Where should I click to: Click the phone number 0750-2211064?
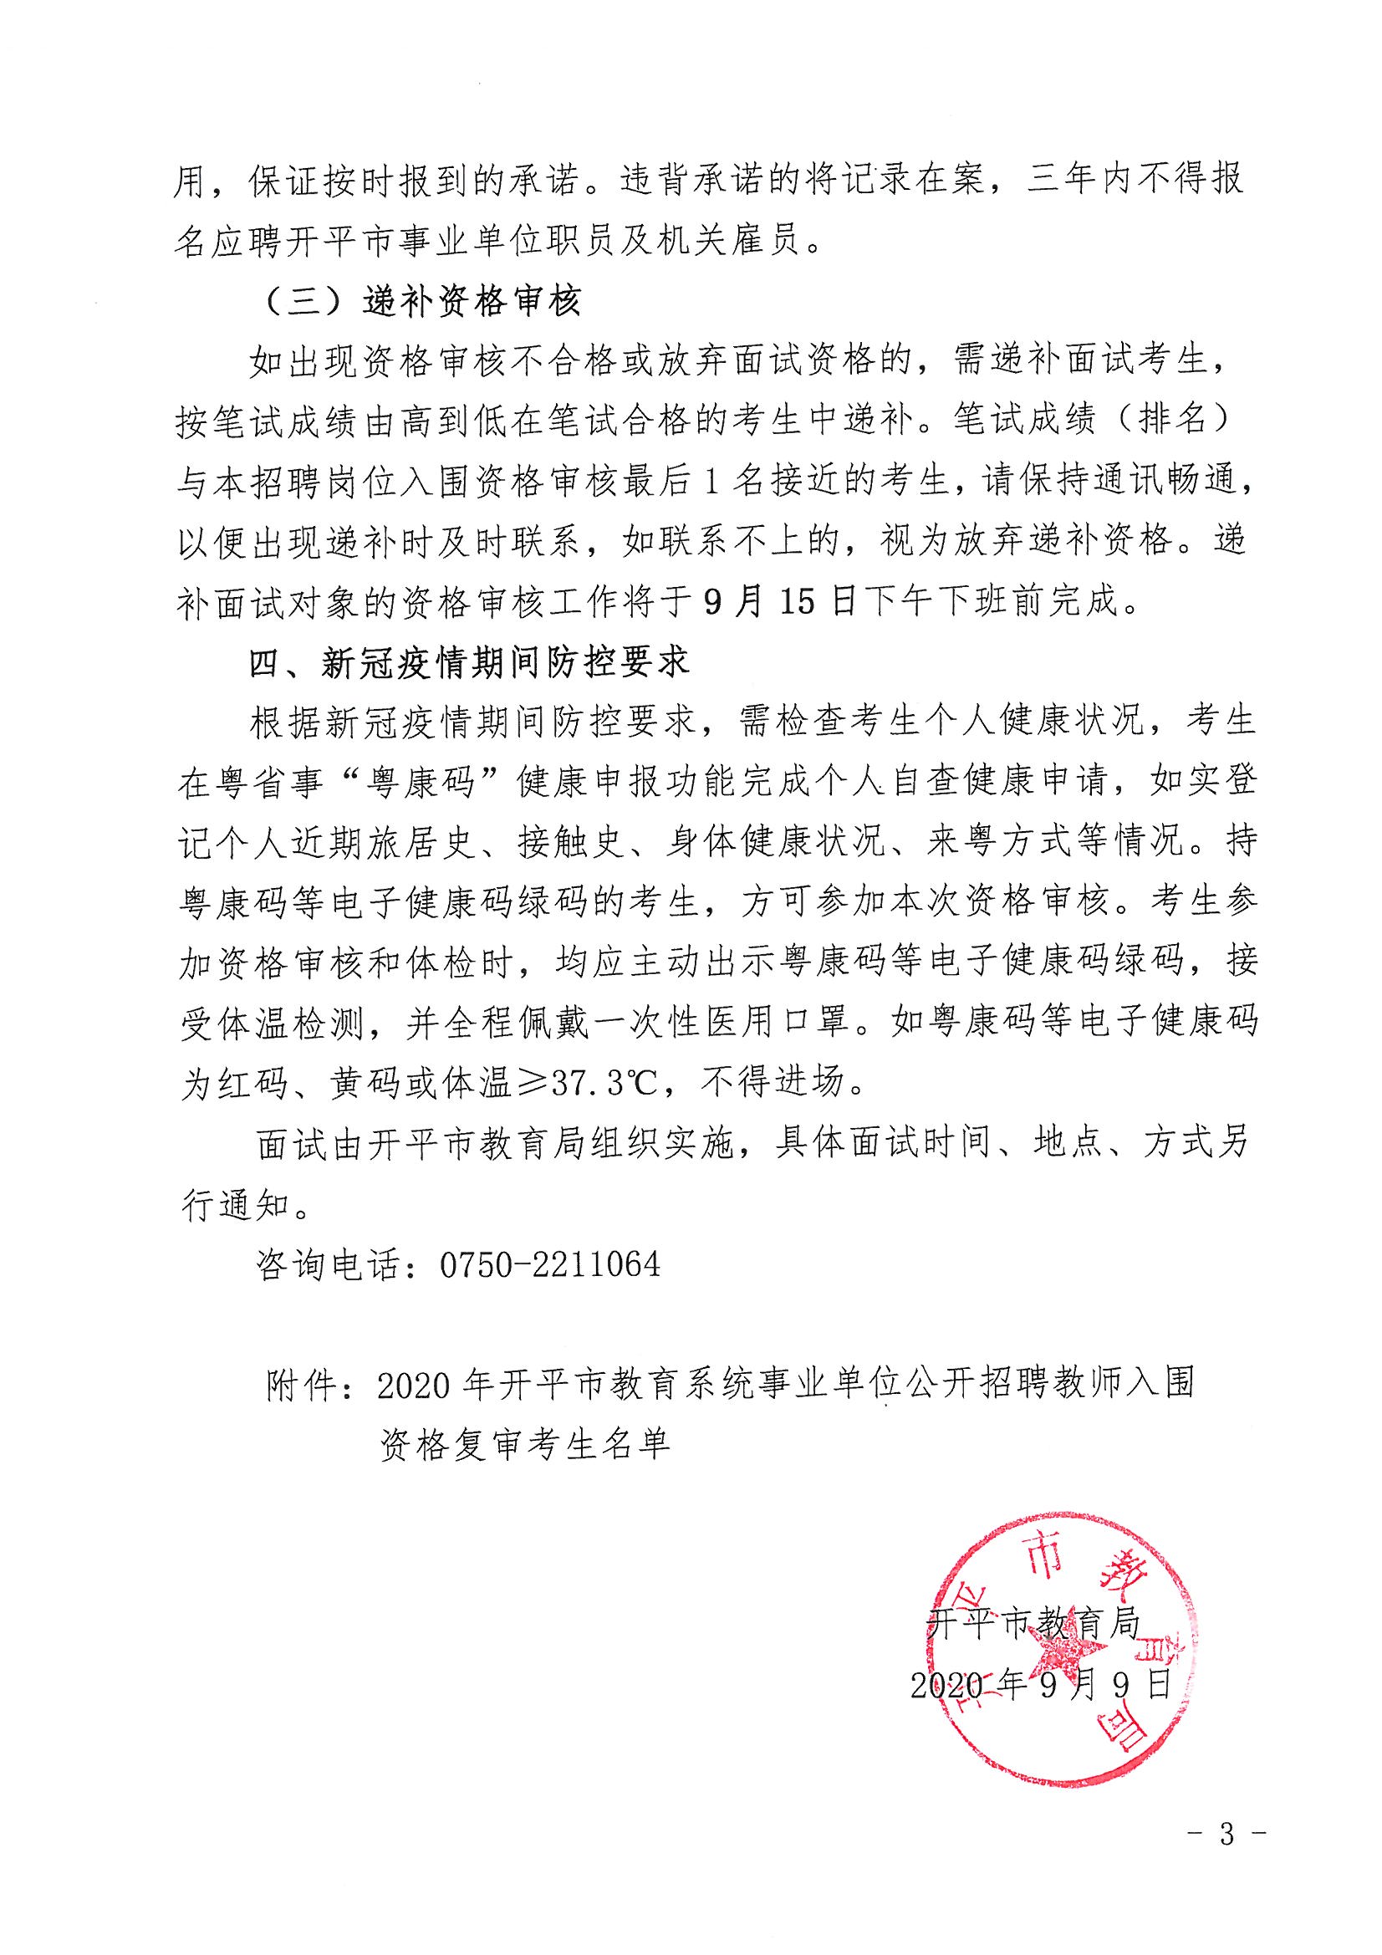click(549, 1264)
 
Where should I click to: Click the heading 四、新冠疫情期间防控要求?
click(468, 661)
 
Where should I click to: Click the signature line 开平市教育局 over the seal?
click(1033, 1624)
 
